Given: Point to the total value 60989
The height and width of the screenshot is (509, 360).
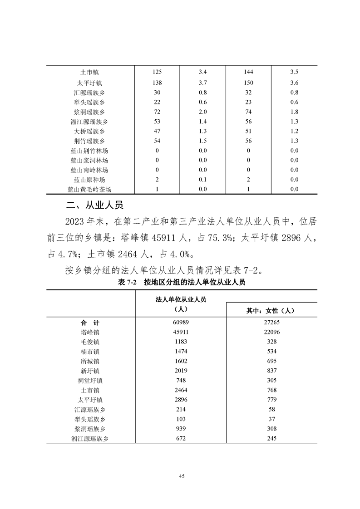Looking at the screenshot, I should pyautogui.click(x=181, y=323).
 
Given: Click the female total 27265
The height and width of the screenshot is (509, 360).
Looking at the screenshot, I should pyautogui.click(x=271, y=323).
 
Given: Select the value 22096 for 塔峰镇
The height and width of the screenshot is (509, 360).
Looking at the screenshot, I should pyautogui.click(x=271, y=332).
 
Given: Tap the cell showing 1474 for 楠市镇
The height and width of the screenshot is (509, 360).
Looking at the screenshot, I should pyautogui.click(x=181, y=352).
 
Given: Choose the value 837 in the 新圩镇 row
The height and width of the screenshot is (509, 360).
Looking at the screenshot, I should pyautogui.click(x=271, y=371).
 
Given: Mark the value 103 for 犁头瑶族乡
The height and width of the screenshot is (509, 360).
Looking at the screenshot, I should pyautogui.click(x=181, y=419).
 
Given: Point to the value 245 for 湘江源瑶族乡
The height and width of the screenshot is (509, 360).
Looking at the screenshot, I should pyautogui.click(x=271, y=438).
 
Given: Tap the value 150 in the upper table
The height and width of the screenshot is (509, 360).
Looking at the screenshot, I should pyautogui.click(x=248, y=83).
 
